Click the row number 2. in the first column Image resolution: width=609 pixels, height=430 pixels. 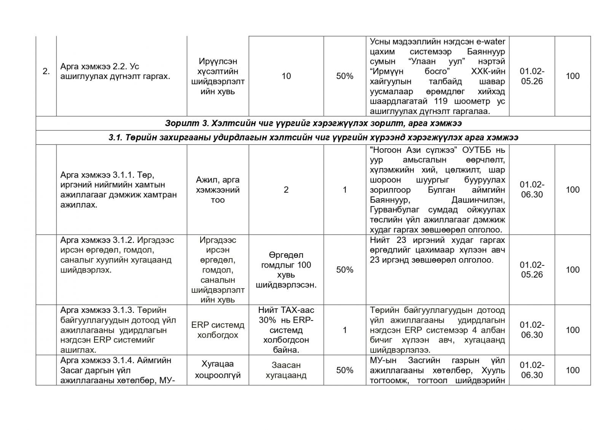pos(46,71)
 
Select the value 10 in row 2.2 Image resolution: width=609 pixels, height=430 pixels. pos(286,76)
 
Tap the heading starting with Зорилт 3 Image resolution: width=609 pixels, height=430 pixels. pos(313,124)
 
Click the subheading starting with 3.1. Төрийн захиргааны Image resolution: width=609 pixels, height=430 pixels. pos(313,138)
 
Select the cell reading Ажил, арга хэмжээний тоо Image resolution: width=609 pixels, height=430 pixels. pos(218,190)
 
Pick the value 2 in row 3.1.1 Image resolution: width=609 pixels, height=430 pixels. pos(286,190)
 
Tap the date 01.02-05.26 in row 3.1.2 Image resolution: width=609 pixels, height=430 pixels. pos(532,270)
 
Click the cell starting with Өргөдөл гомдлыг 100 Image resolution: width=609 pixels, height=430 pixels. pos(286,270)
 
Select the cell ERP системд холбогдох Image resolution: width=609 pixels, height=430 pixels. pos(218,330)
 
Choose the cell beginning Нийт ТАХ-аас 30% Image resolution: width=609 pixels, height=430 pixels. pos(286,330)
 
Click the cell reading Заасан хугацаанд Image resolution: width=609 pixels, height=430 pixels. pos(286,370)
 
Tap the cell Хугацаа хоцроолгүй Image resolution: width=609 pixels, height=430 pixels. pos(218,370)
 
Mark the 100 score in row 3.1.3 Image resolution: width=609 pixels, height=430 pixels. pos(572,330)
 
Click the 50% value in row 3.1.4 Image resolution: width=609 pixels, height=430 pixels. pos(344,370)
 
